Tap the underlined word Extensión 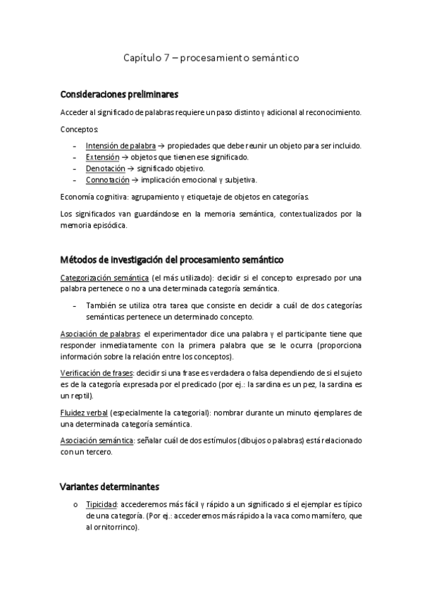point(101,157)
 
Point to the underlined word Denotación point(105,169)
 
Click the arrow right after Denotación point(131,169)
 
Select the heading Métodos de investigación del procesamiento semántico point(173,260)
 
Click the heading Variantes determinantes point(109,487)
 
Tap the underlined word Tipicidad point(101,506)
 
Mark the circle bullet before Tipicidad point(75,506)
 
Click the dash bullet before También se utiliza point(75,305)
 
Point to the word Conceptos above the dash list point(80,129)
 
